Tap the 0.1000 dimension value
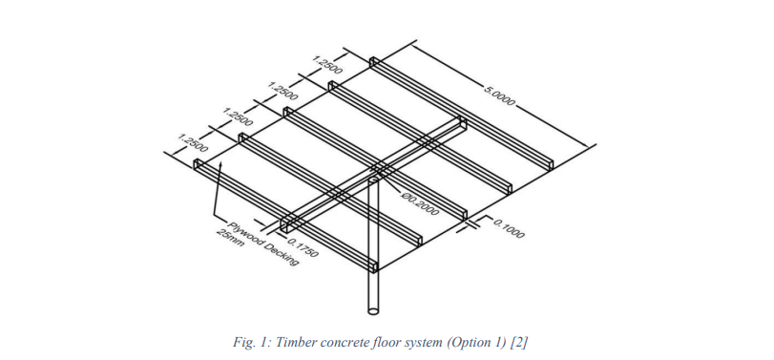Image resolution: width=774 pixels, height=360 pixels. point(509,227)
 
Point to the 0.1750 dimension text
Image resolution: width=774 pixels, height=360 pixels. point(303,247)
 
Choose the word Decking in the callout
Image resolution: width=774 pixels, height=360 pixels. point(282,254)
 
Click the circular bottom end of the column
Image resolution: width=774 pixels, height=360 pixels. point(375,311)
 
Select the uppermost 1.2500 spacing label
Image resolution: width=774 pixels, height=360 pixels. point(327,65)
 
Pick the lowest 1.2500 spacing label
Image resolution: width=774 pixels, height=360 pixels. point(193,142)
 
